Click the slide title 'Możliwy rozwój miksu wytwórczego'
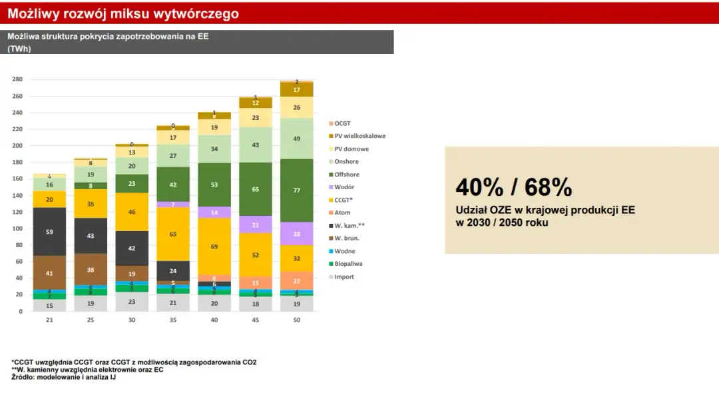coord(122,14)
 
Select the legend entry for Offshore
coord(346,175)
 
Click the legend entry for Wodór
coord(344,187)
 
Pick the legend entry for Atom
coord(342,212)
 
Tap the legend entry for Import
coord(344,276)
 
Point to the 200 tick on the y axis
coord(17,146)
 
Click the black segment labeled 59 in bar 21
coord(50,232)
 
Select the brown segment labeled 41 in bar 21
coord(50,273)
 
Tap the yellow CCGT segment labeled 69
coord(214,246)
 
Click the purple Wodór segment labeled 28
coord(296,234)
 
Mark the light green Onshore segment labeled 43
coord(256,145)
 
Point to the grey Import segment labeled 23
coord(132,302)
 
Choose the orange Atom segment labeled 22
coord(296,280)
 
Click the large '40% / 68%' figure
coord(513,188)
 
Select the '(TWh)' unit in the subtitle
coord(19,48)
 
